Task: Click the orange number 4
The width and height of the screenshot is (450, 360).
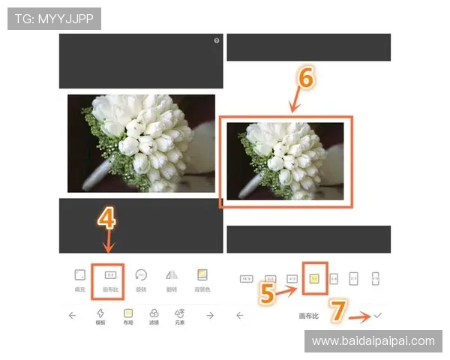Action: click(107, 218)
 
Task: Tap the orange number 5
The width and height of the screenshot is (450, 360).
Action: click(267, 292)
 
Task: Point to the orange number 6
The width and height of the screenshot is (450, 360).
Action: click(305, 77)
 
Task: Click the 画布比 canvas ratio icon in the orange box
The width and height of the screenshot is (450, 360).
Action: click(110, 275)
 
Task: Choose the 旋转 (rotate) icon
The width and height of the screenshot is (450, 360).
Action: click(141, 275)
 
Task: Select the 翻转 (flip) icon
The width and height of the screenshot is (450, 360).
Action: click(171, 275)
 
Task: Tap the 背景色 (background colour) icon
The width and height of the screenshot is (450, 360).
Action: click(202, 275)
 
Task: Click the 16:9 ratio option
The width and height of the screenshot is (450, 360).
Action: click(245, 278)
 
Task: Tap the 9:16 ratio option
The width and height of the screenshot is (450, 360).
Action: click(375, 278)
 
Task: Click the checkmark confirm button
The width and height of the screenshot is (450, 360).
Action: click(377, 316)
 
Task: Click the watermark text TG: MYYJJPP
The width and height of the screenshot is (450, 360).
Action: click(54, 19)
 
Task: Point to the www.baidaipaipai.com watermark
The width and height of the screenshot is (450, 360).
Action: click(373, 341)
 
